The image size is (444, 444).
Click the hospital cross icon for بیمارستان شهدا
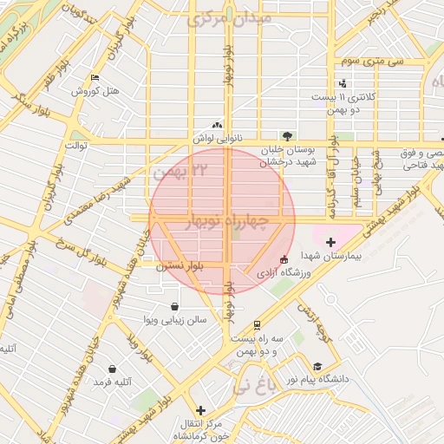(x=330, y=241)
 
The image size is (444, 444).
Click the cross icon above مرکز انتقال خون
(x=201, y=410)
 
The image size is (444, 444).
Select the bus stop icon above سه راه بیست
(x=257, y=325)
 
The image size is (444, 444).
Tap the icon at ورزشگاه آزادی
(x=283, y=259)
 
